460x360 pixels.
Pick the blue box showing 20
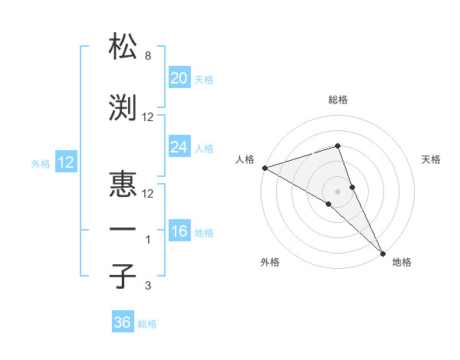179,78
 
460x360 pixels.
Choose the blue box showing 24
179,147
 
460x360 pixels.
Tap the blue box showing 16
179,231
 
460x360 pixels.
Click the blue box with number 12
65,162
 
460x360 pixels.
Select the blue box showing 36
123,322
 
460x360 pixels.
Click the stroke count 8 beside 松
147,56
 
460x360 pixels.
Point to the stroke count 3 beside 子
147,286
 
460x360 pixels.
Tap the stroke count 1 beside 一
147,240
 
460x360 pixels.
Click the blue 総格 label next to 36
147,324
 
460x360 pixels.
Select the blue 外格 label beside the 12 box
41,163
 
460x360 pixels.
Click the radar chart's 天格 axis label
431,159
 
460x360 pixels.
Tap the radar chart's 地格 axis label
402,262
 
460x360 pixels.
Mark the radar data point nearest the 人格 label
264,168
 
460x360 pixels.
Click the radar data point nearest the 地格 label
382,252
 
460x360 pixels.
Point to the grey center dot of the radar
337,191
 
